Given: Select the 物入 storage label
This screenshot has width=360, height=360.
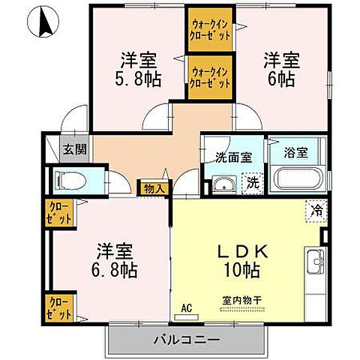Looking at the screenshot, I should [x=153, y=189].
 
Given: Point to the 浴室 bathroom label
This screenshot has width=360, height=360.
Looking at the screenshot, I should [x=295, y=151].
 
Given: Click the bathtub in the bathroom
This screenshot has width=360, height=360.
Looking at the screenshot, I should [x=298, y=180].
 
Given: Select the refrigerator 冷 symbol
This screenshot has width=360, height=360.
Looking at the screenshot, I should [x=317, y=211].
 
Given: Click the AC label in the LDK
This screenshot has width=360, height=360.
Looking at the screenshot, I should [x=186, y=307].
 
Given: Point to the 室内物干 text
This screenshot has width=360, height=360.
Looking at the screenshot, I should [x=241, y=301].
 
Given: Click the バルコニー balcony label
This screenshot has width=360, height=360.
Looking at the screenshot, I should [x=187, y=339].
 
